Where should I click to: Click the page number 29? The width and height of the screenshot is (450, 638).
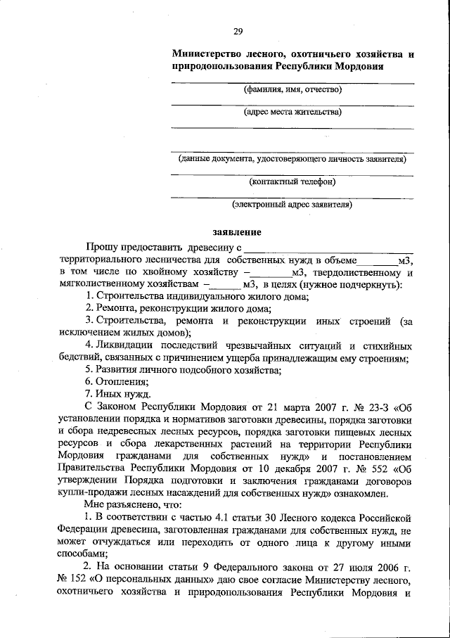point(238,32)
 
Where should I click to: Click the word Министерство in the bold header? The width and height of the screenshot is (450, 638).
point(205,53)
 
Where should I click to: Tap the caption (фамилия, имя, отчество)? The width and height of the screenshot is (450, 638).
point(292,90)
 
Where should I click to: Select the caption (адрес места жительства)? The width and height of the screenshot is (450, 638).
point(292,111)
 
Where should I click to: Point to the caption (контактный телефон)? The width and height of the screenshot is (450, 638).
point(292,181)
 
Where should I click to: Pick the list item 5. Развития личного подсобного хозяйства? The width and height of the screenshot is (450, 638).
point(183,369)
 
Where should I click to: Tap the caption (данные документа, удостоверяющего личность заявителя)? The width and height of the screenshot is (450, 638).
point(292,159)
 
